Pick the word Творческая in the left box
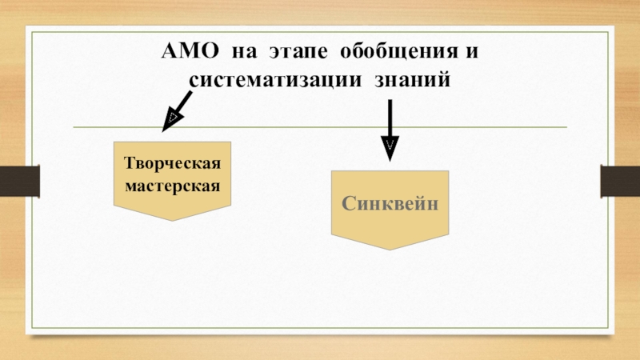172,164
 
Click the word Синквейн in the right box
390,203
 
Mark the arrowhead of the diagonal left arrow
169,122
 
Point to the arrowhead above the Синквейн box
390,150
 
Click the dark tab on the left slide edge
18,179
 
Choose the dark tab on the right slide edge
621,179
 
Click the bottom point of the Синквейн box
390,249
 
